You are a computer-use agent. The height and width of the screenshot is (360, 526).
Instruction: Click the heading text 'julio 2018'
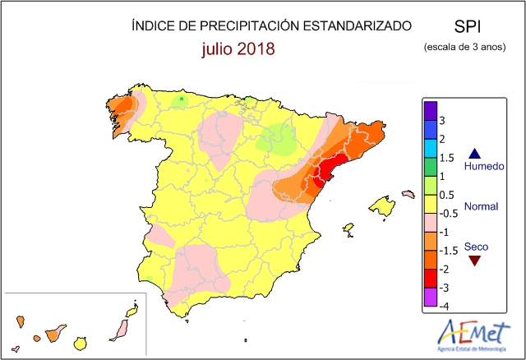click(238, 48)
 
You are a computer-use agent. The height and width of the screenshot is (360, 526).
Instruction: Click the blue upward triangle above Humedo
click(474, 153)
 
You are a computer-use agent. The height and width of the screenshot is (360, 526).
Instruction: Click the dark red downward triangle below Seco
click(474, 261)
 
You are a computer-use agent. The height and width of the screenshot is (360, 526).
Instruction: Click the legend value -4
click(445, 307)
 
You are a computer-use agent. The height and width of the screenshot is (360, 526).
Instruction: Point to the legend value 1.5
click(447, 157)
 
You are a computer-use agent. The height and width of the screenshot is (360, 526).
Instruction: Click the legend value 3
click(444, 120)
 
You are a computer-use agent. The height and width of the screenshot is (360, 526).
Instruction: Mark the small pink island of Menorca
click(408, 194)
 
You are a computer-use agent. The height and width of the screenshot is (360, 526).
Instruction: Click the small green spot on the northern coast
click(181, 100)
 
